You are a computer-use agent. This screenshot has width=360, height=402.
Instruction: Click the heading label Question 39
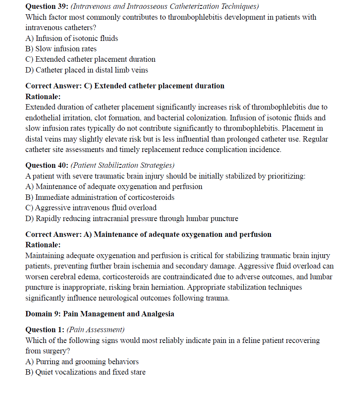pos(47,7)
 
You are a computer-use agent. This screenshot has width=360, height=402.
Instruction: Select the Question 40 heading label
pos(47,166)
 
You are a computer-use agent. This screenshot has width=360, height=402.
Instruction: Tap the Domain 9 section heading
pos(99,314)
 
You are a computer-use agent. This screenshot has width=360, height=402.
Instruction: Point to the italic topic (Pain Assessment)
pos(96,329)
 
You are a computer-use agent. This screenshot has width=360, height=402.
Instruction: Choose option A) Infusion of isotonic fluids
pos(72,38)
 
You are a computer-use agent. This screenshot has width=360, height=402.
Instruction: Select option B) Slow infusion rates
pos(61,49)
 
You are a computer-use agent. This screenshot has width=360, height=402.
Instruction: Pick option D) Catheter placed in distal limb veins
pos(87,70)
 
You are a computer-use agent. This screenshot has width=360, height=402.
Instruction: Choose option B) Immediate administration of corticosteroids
pos(100,197)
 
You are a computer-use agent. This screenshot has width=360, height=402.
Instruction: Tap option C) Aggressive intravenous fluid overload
pos(91,208)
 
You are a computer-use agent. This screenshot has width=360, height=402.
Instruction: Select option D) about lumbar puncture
pos(132,218)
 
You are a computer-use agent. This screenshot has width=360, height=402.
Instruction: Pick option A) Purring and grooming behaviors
pos(82,361)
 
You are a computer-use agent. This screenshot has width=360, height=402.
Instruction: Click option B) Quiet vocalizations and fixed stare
pos(86,372)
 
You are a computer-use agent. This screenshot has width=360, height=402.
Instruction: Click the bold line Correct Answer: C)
pos(125,86)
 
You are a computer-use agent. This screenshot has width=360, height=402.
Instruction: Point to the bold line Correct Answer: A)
pos(148,234)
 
